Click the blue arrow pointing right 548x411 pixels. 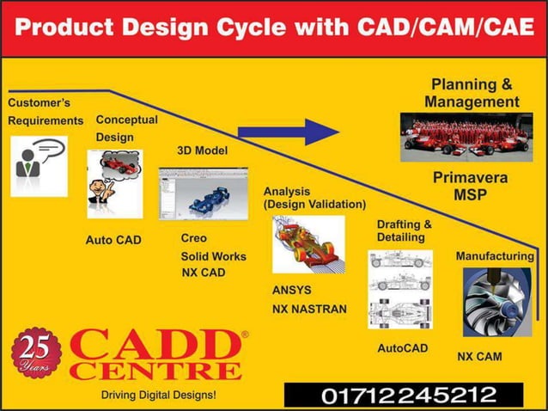pyautogui.click(x=288, y=132)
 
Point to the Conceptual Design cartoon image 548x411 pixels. pyautogui.click(x=114, y=183)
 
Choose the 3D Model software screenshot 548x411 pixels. pyautogui.click(x=203, y=193)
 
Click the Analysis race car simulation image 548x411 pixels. pyautogui.click(x=307, y=244)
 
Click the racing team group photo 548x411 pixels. pyautogui.click(x=472, y=137)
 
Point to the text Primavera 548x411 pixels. pyautogui.click(x=470, y=179)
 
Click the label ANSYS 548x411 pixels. pyautogui.click(x=291, y=290)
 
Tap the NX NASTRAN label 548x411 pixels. pyautogui.click(x=309, y=307)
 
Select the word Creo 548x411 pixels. pyautogui.click(x=193, y=237)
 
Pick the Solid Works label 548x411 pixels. pyautogui.click(x=213, y=256)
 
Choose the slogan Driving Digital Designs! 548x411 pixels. pyautogui.click(x=158, y=395)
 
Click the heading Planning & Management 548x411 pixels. pyautogui.click(x=471, y=93)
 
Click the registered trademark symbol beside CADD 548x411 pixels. pyautogui.click(x=244, y=334)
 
